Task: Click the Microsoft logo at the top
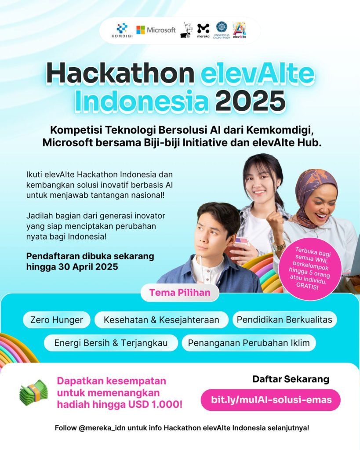(x=156, y=30)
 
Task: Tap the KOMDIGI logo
(x=122, y=30)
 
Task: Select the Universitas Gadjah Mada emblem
(x=222, y=30)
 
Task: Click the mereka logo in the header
(x=203, y=31)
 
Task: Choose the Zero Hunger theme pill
(x=57, y=320)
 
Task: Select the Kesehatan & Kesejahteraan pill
(x=161, y=320)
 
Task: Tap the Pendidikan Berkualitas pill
(x=284, y=319)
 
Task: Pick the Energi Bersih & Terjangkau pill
(x=111, y=343)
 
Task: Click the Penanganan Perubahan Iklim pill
(x=249, y=343)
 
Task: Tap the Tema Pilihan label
(x=180, y=293)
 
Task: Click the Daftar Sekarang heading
(x=291, y=379)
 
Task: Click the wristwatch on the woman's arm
(x=279, y=247)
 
